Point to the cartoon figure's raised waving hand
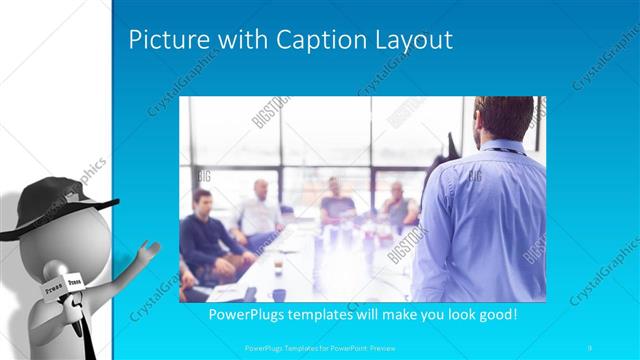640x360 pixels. [x=149, y=248]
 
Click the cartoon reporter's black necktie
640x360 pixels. [x=88, y=330]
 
